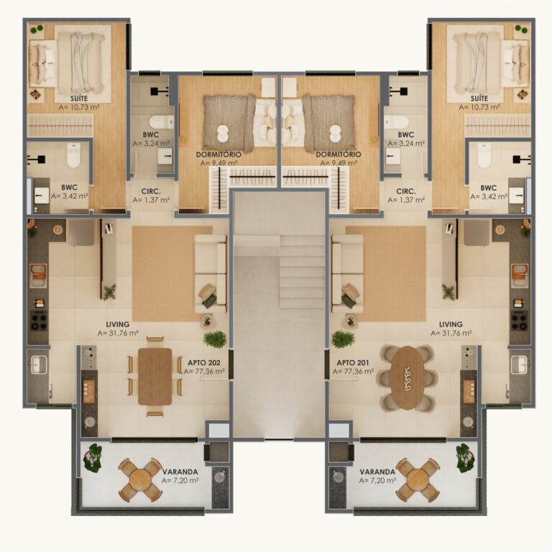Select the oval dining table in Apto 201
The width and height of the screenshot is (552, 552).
(408, 378)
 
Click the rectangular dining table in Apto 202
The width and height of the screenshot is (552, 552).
(155, 376)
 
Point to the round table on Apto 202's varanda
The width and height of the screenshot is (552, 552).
(141, 479)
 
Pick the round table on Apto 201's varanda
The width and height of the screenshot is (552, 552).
(418, 479)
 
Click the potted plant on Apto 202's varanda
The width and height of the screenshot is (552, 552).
(93, 458)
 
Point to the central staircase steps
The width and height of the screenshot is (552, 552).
(302, 274)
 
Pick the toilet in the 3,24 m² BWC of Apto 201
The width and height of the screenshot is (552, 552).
(397, 121)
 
